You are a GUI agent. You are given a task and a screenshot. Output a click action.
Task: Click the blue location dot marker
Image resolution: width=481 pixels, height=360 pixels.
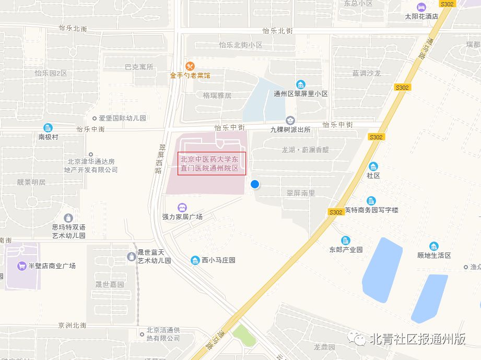(255, 184)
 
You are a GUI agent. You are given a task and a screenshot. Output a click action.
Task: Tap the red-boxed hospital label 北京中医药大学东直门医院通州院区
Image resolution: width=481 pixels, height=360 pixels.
(212, 164)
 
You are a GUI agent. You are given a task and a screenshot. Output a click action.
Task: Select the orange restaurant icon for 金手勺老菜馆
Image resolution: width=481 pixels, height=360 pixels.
(190, 66)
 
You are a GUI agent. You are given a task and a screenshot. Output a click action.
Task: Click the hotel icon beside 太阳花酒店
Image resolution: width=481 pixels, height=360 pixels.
(421, 7)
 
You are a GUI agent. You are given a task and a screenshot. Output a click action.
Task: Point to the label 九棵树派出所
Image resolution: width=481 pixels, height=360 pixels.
(290, 129)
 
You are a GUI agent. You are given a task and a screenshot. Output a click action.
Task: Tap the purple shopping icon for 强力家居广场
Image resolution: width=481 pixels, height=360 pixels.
(182, 208)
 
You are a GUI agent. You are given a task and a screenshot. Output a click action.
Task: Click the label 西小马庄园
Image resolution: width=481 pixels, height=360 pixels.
(219, 260)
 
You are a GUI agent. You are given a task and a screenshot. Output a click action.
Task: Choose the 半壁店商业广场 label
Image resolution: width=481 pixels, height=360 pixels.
(52, 266)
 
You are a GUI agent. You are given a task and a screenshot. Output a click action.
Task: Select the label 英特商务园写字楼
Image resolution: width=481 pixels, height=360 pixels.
(372, 210)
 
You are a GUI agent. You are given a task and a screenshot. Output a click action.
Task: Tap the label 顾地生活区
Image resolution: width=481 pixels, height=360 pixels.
(434, 255)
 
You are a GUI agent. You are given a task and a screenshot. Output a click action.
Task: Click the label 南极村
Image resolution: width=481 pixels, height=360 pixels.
(48, 137)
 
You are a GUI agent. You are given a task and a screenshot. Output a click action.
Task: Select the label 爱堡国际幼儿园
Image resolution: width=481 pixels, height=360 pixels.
(123, 118)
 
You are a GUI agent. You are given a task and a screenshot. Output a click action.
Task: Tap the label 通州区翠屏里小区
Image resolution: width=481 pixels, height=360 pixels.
(301, 94)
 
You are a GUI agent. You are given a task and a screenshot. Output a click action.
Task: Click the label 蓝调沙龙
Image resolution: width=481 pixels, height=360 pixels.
(367, 74)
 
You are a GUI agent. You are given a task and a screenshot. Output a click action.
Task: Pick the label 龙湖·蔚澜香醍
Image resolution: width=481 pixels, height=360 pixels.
(306, 150)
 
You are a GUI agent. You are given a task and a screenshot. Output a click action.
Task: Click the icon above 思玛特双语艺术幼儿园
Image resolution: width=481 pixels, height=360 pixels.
(68, 218)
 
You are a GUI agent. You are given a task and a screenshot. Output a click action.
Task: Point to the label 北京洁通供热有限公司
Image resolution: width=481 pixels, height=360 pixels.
(163, 334)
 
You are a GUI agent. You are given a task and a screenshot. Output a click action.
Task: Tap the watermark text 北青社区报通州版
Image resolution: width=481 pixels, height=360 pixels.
(417, 339)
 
